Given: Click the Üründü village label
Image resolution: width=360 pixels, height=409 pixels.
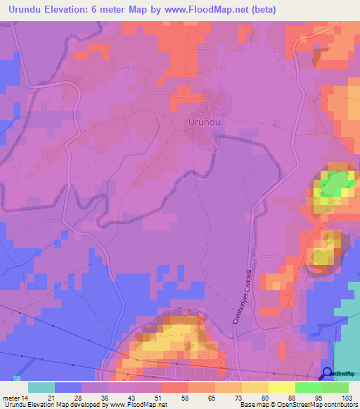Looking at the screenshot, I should (x=205, y=122).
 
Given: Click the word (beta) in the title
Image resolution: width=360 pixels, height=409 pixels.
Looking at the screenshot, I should (x=277, y=10).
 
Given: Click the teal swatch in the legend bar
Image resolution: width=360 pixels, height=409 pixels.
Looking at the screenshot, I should (x=41, y=387).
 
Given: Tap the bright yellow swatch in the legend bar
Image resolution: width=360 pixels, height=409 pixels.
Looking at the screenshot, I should (x=281, y=387).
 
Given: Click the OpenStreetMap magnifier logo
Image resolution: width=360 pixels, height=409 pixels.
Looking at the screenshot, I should (x=327, y=373).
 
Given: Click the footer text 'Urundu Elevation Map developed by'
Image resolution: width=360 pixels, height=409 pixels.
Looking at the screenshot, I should (x=53, y=405).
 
